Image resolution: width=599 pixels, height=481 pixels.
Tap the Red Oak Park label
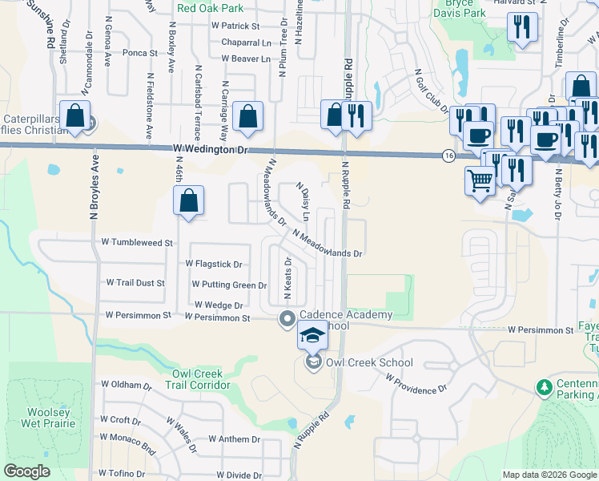click(210, 8)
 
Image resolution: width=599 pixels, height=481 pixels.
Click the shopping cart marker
click(480, 182)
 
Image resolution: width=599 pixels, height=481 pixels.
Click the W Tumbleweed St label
click(137, 242)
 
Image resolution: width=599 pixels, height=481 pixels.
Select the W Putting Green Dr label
click(229, 285)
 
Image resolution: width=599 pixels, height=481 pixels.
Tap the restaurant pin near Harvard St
click(522, 28)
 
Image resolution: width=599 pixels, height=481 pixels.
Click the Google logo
click(27, 471)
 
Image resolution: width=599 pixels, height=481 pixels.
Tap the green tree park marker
click(544, 388)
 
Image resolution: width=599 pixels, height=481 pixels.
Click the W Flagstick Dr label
click(214, 264)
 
